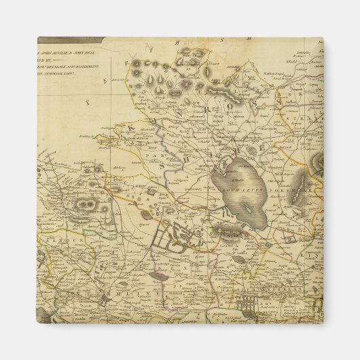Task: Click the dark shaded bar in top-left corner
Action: (x=71, y=39)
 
